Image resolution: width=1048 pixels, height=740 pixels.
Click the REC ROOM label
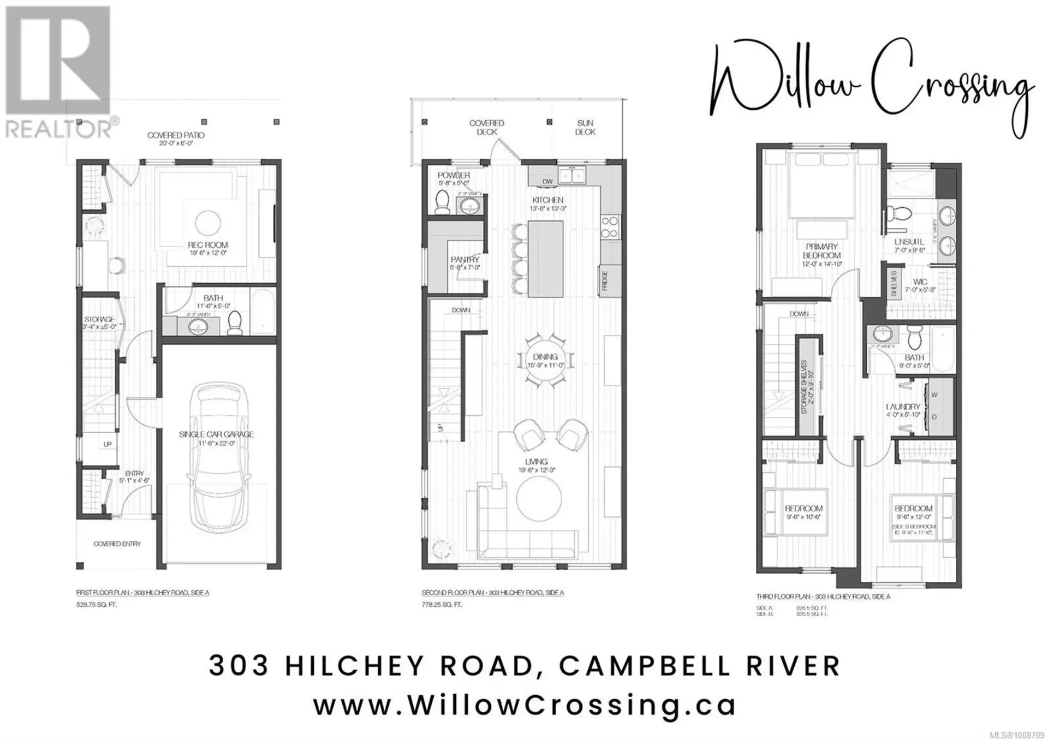click(207, 245)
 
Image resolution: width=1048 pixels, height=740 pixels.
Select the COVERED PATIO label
click(175, 135)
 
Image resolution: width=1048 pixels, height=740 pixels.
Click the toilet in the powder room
click(442, 202)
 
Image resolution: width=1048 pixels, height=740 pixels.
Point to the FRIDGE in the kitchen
click(604, 281)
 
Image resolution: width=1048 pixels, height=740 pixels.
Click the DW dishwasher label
click(547, 181)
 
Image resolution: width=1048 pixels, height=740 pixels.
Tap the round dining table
click(545, 360)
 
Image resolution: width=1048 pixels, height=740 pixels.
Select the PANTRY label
click(465, 260)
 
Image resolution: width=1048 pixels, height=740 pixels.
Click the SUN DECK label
click(585, 128)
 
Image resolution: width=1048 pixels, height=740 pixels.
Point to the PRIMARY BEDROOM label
click(821, 251)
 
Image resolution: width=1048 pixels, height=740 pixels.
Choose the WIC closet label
click(920, 282)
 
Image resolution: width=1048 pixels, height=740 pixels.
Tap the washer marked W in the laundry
click(934, 395)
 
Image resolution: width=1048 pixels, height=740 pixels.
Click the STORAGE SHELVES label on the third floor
click(803, 386)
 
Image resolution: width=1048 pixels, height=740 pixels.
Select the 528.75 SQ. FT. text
click(97, 605)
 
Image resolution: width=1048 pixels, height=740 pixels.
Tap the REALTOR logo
click(58, 71)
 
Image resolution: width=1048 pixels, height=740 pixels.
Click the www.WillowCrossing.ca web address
click(524, 705)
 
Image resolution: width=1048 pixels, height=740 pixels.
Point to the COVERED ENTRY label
click(117, 544)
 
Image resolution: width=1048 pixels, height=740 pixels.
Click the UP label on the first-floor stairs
click(108, 444)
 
